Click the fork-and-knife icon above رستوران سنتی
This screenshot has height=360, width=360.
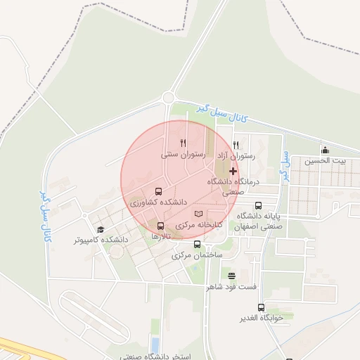[x=183, y=142]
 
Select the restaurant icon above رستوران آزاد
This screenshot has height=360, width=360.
[x=236, y=145]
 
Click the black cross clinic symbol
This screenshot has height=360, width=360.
[x=233, y=172]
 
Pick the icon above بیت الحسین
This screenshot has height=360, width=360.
[x=325, y=150]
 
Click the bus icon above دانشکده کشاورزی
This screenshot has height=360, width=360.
[x=157, y=191]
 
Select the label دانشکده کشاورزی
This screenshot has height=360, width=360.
[x=157, y=202]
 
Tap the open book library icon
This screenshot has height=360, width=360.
[x=199, y=214]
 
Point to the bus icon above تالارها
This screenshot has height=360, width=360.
[x=161, y=226]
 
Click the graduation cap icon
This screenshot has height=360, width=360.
[x=101, y=229]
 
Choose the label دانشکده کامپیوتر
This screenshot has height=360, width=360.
[x=101, y=240]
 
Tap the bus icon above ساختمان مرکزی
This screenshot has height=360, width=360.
[x=197, y=244]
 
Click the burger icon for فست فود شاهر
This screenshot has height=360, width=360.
[x=232, y=275]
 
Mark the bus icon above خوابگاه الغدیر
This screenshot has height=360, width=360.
[x=262, y=307]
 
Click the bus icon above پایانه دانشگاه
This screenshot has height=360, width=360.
[x=258, y=206]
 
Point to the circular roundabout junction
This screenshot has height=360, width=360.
[x=168, y=98]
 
